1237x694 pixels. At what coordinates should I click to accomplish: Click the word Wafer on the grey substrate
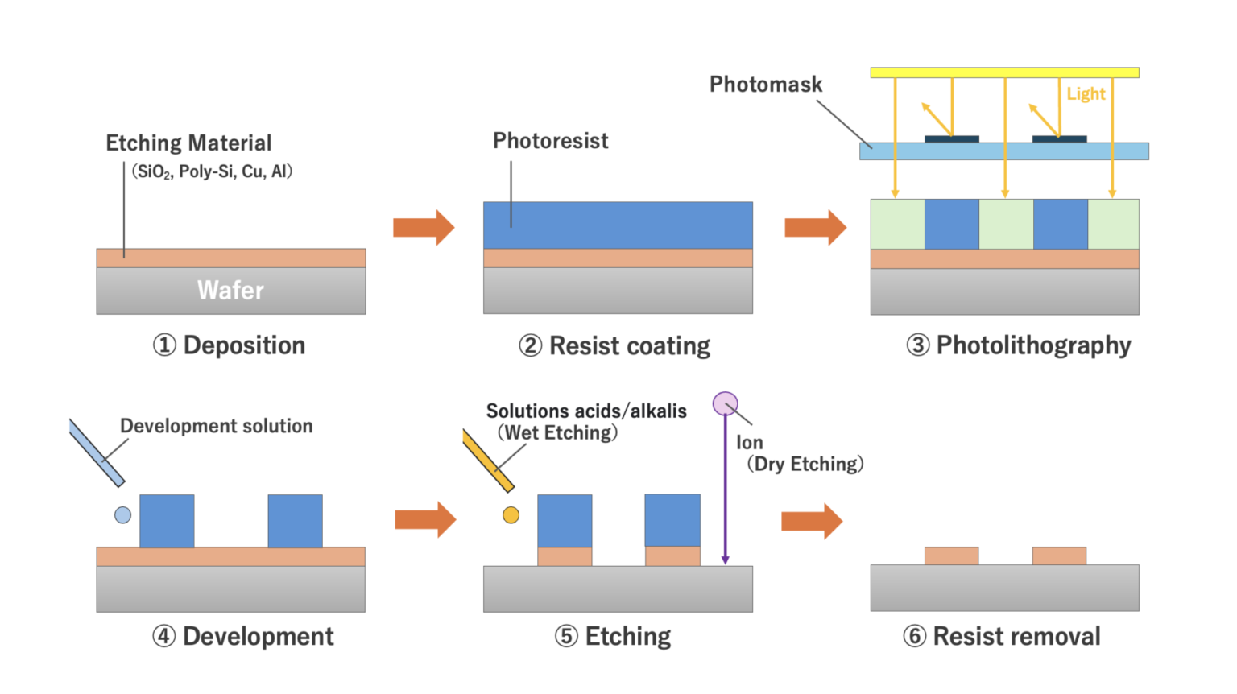[230, 290]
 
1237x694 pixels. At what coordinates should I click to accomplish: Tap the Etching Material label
[188, 143]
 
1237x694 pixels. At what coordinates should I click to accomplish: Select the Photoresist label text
[550, 141]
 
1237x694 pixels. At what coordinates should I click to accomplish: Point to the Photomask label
[765, 85]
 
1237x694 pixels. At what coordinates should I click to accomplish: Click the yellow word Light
[1086, 94]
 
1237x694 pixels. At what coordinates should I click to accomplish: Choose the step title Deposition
[244, 345]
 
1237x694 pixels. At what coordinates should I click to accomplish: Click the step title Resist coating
[629, 346]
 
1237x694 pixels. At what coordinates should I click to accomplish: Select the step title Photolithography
[1033, 345]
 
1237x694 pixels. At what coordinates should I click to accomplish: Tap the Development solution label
[216, 426]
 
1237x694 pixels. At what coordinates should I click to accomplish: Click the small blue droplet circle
[122, 515]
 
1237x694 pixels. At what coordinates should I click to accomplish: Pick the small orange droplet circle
[511, 515]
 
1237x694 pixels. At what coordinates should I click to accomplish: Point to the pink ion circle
[725, 403]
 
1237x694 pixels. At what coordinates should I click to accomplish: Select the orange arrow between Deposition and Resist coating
[424, 228]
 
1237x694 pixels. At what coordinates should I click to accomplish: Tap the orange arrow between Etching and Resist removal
[812, 522]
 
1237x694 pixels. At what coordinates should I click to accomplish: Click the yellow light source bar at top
[1004, 72]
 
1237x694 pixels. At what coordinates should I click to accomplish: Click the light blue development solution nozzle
[97, 453]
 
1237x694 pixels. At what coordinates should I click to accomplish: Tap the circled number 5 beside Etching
[566, 637]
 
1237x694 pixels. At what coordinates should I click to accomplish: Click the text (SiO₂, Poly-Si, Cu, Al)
[212, 171]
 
